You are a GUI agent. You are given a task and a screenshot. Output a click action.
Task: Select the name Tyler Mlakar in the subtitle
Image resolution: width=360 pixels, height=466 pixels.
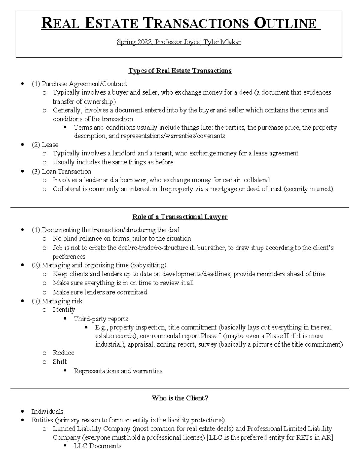click(x=222, y=42)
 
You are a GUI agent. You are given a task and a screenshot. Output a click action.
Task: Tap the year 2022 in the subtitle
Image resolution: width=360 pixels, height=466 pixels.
click(x=145, y=42)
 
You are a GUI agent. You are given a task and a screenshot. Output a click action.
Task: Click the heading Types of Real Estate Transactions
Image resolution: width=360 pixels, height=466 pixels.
click(x=180, y=71)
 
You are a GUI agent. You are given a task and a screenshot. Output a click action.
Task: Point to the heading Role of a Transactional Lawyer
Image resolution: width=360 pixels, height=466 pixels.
click(x=180, y=217)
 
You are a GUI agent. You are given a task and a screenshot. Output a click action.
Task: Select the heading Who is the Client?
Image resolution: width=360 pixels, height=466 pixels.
click(x=180, y=398)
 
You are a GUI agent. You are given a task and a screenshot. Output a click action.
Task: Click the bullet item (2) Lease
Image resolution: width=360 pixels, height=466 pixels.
click(x=45, y=145)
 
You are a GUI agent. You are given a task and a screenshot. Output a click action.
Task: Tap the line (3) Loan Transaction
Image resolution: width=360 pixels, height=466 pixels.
click(x=61, y=172)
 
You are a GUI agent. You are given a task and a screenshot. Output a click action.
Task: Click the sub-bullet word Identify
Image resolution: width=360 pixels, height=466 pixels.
click(x=64, y=310)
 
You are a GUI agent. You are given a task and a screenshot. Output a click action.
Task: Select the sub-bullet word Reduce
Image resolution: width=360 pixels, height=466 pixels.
click(x=63, y=353)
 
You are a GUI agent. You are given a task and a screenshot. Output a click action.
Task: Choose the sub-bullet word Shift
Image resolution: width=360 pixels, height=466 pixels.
click(x=60, y=362)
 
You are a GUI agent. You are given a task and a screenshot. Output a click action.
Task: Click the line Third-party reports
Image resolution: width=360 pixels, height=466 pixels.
click(x=101, y=319)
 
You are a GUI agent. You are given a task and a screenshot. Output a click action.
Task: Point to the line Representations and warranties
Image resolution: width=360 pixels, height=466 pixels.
click(x=118, y=371)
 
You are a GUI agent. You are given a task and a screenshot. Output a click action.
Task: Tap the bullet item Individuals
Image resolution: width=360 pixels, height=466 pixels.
click(x=47, y=412)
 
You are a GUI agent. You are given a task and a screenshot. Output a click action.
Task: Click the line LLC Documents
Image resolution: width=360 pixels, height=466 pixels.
click(x=97, y=446)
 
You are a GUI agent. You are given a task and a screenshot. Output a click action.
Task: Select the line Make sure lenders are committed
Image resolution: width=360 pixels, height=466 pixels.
click(x=100, y=292)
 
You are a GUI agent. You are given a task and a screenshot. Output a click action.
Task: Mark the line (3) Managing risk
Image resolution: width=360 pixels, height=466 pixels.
click(x=57, y=301)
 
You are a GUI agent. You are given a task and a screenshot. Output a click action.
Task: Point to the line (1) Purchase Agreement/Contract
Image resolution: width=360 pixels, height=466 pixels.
click(x=79, y=84)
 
